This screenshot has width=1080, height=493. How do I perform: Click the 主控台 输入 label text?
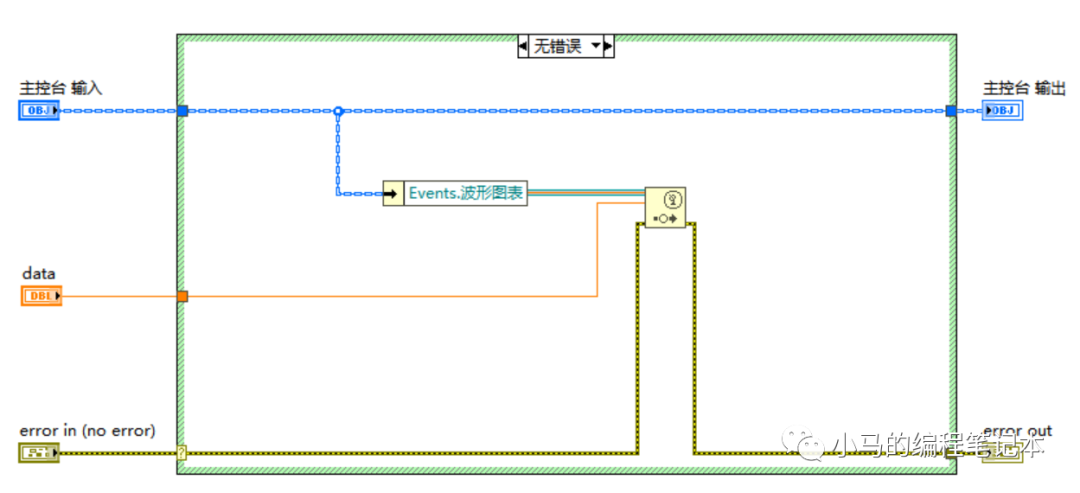coord(61,89)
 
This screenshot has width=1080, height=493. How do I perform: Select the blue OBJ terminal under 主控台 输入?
coord(39,111)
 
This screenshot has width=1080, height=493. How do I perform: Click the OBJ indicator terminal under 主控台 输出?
coord(1002,111)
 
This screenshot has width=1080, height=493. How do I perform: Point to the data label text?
coord(39,273)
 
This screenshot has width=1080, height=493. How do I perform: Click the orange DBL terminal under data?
coord(41,296)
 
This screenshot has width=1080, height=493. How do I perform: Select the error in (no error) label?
coord(88,431)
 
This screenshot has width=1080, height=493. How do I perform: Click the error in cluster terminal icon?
coord(39,453)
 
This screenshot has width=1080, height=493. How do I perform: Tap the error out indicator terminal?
coord(1002,453)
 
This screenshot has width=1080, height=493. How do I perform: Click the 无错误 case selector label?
coord(557,46)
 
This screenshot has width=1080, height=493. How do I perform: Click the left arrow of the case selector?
coord(523,46)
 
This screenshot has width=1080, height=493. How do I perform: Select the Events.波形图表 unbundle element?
coord(466,193)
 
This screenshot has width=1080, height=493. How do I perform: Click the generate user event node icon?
coord(665,208)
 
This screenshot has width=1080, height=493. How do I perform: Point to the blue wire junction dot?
coord(338,111)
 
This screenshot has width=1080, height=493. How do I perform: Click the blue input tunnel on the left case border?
coord(182,111)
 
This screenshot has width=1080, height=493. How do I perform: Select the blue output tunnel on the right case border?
coord(951,111)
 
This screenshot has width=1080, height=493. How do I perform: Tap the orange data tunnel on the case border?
coord(182,296)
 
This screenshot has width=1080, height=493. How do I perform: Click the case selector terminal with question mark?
coord(181,453)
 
